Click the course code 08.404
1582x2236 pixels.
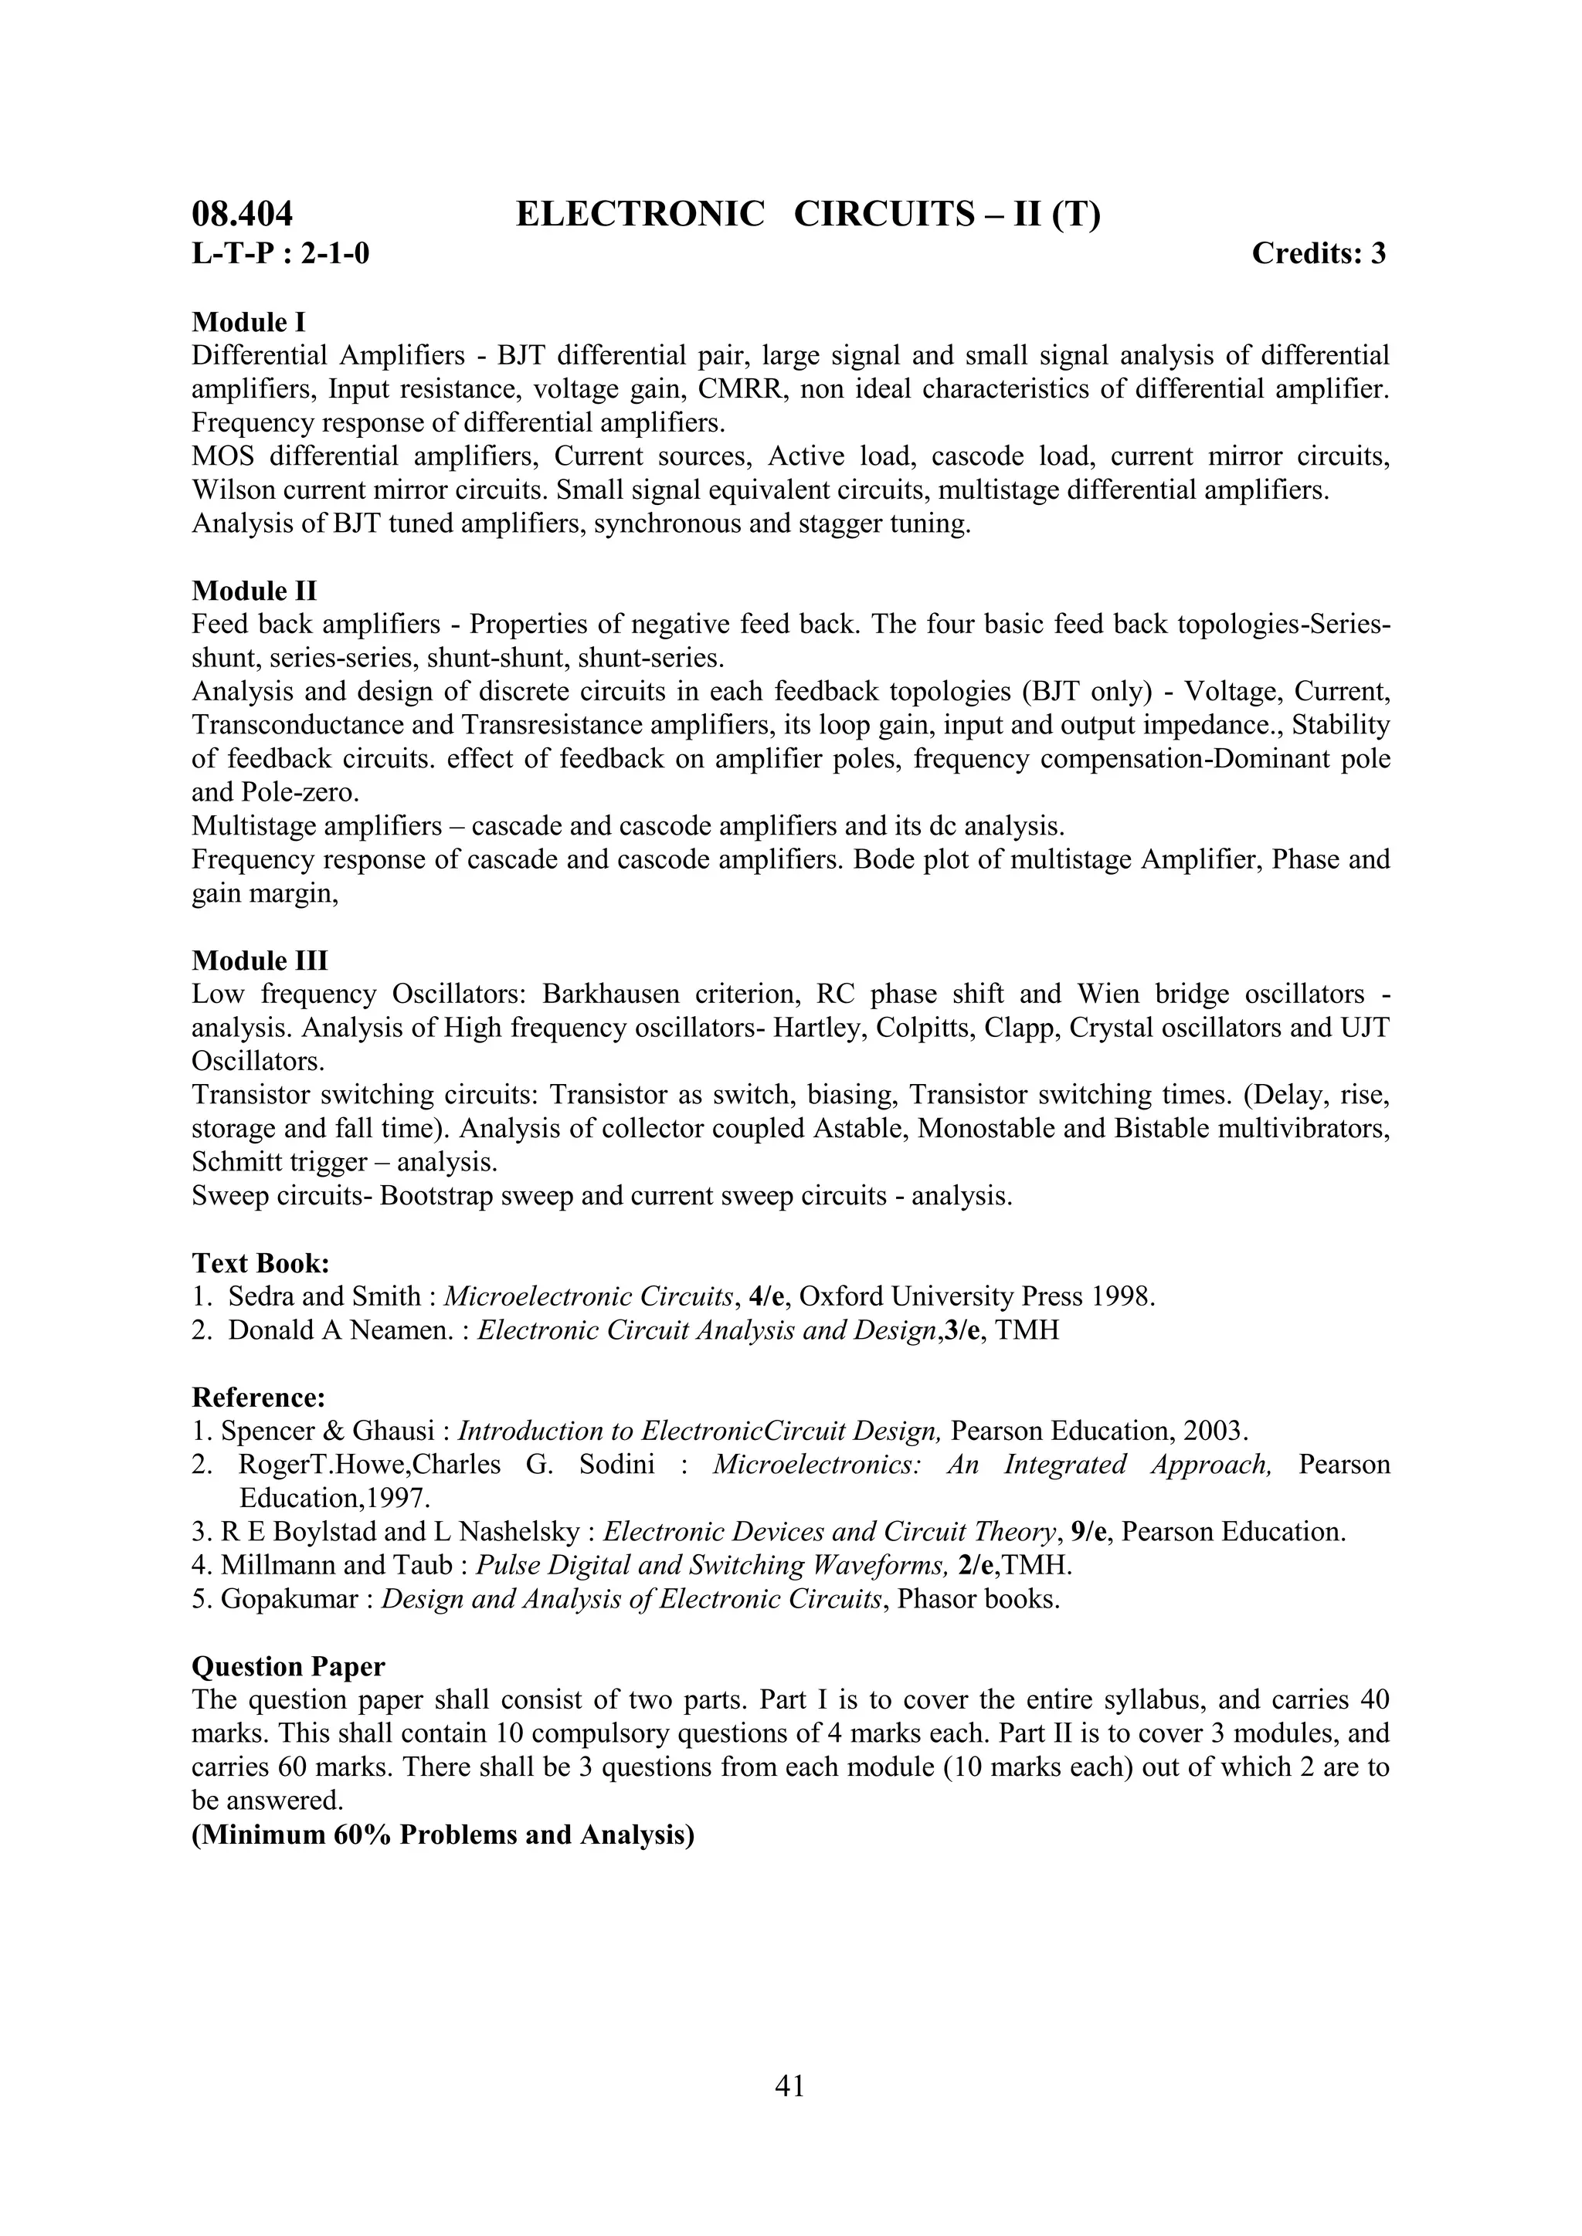tap(243, 214)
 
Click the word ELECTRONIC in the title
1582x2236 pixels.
tap(640, 214)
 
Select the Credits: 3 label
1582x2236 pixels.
tap(1318, 253)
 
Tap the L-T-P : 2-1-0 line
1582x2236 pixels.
tap(280, 254)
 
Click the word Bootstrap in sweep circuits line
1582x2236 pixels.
tap(437, 1196)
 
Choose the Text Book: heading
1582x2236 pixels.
tap(261, 1263)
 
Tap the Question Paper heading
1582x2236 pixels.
tap(288, 1666)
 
